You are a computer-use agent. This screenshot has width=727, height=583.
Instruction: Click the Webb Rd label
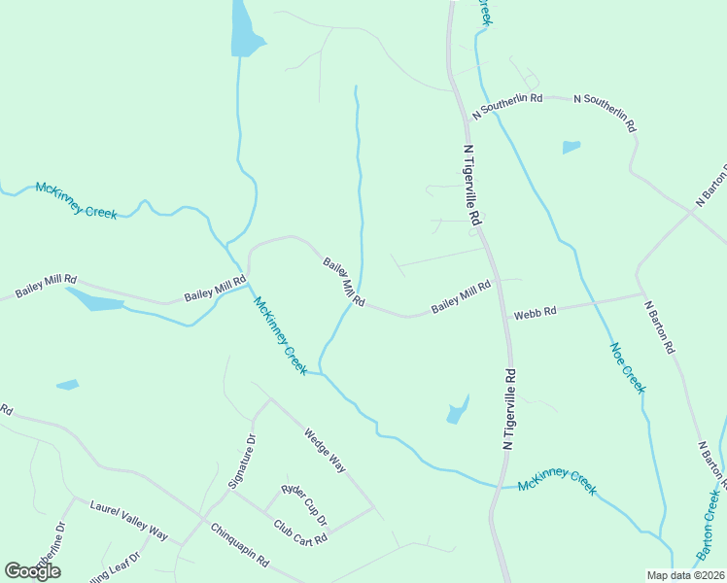click(x=535, y=313)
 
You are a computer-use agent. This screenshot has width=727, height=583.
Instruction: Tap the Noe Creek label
click(x=627, y=367)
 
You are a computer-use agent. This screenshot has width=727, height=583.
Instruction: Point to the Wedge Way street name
click(x=325, y=450)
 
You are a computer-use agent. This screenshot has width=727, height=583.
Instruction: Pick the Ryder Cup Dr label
click(x=305, y=501)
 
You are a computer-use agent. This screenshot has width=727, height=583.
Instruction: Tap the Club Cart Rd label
click(x=299, y=532)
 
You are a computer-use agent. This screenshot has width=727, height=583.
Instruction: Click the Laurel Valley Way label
click(x=129, y=521)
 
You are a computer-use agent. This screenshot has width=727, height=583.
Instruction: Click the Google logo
click(x=32, y=571)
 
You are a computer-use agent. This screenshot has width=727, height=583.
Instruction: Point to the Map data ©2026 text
click(x=685, y=575)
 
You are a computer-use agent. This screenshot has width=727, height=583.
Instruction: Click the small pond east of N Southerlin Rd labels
click(x=571, y=148)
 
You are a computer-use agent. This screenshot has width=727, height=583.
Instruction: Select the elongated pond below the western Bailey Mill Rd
click(x=93, y=300)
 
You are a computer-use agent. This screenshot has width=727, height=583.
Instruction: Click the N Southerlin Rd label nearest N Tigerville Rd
click(x=507, y=106)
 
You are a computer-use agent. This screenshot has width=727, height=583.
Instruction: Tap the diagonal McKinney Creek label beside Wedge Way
click(x=281, y=335)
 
